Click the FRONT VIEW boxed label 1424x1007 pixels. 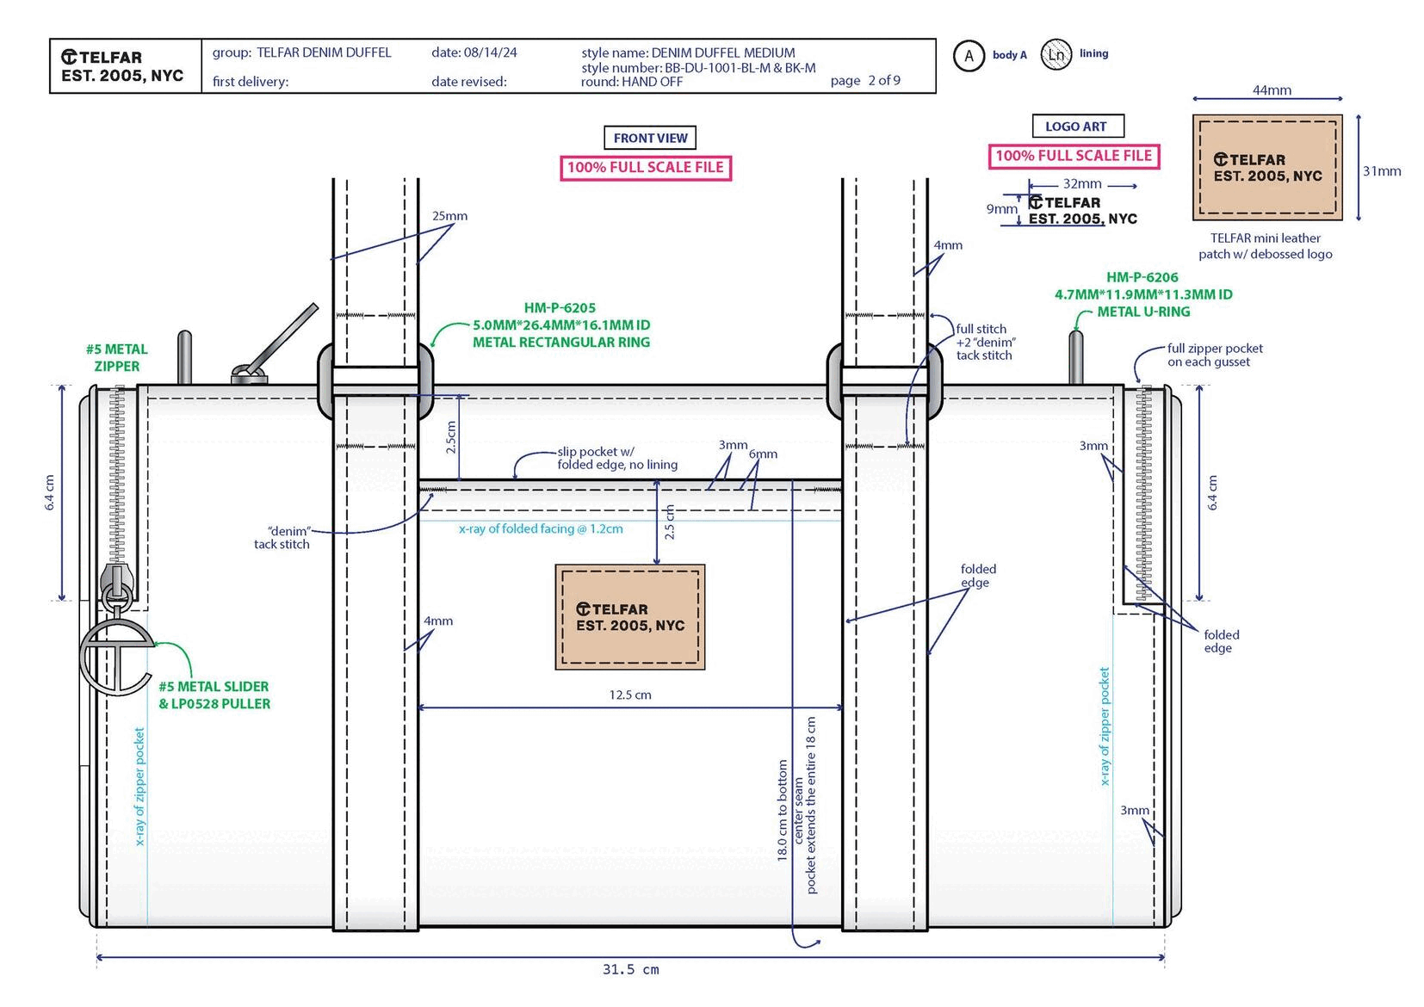click(650, 138)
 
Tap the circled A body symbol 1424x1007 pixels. click(969, 56)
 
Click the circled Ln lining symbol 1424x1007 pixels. click(1056, 55)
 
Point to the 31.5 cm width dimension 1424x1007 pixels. click(630, 970)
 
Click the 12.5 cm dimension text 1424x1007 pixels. click(630, 695)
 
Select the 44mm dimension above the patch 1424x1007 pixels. click(1271, 90)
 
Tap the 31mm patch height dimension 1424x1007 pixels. click(1381, 171)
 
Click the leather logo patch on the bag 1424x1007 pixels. click(630, 617)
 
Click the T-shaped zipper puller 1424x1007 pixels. click(116, 654)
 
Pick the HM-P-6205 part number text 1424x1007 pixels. click(560, 308)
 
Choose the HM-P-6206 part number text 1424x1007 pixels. click(1142, 277)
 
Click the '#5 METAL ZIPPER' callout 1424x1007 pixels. click(116, 357)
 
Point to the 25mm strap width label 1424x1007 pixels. click(449, 216)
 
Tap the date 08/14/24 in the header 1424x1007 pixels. click(474, 53)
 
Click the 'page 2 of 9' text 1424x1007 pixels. click(865, 80)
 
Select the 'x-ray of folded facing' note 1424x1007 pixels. click(541, 528)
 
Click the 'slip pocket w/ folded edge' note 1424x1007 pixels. click(616, 458)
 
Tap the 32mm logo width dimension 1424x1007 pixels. click(1082, 183)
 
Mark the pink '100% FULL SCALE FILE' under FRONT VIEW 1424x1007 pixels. click(645, 167)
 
